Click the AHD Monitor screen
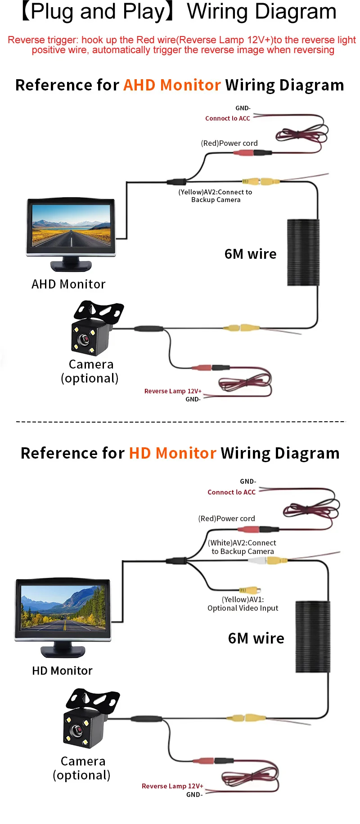71,225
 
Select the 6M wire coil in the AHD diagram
303,252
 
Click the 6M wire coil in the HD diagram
313,637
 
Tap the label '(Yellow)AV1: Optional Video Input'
243,604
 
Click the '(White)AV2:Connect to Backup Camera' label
242,547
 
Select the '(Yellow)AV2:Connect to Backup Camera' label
215,196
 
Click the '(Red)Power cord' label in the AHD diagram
229,143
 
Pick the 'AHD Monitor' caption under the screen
68,284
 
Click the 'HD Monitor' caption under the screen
62,671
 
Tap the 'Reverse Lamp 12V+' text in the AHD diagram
173,391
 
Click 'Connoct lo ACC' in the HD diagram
231,492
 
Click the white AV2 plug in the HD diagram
256,561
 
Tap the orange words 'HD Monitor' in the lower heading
173,453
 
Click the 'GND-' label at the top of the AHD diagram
243,108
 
